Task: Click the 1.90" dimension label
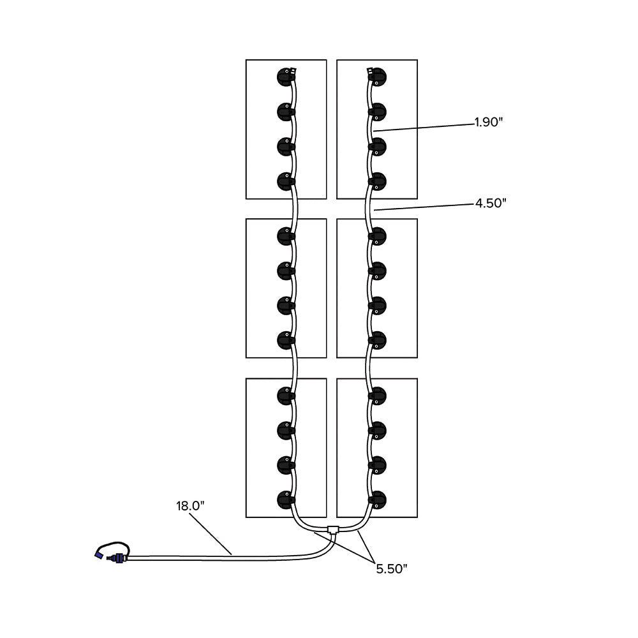pyautogui.click(x=489, y=122)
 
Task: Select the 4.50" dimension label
pyautogui.click(x=490, y=204)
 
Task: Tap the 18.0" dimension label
pyautogui.click(x=190, y=507)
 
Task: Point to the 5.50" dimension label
pyautogui.click(x=391, y=569)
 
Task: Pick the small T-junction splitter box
pyautogui.click(x=332, y=529)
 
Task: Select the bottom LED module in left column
pyautogui.click(x=285, y=499)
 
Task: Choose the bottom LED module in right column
pyautogui.click(x=378, y=499)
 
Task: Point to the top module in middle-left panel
pyautogui.click(x=285, y=236)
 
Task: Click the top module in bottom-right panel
pyautogui.click(x=378, y=396)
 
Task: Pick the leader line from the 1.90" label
pyautogui.click(x=427, y=126)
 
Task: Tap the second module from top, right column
pyautogui.click(x=378, y=112)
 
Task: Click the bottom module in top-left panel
pyautogui.click(x=285, y=181)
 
